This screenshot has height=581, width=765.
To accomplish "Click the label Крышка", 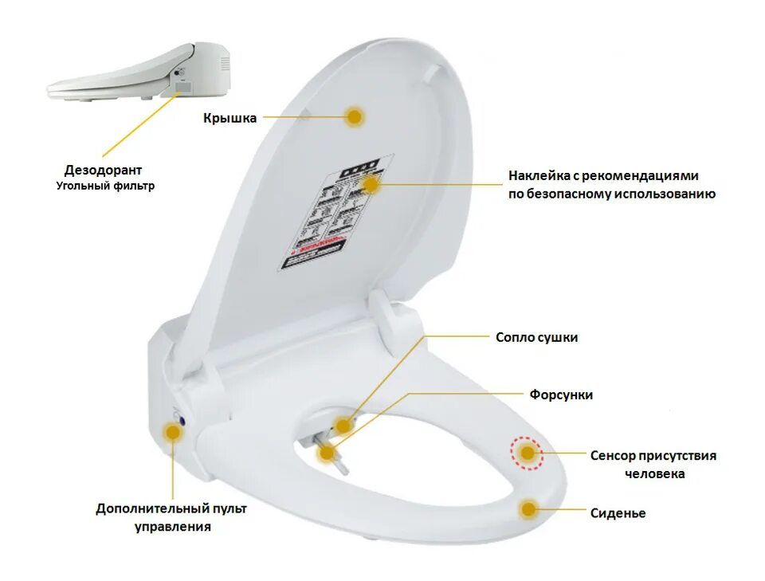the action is coord(229,119).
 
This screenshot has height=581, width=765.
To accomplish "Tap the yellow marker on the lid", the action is coord(355,116).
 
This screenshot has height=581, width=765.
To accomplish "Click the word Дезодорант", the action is coord(104,171).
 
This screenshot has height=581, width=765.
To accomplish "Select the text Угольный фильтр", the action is coord(105,186).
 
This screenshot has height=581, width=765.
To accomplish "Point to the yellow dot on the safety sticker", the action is coord(371,184).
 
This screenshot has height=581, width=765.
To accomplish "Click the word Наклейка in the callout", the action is coord(538,176).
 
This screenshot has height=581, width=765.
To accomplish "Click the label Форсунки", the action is coord(561,395).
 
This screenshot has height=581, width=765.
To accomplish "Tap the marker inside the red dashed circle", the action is coord(526,453).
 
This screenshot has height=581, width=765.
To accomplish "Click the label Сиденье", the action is coord(618,513).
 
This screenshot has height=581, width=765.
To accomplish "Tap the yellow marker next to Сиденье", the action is coord(528,508).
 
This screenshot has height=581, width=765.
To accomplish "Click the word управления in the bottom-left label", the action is coord(172,526).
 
